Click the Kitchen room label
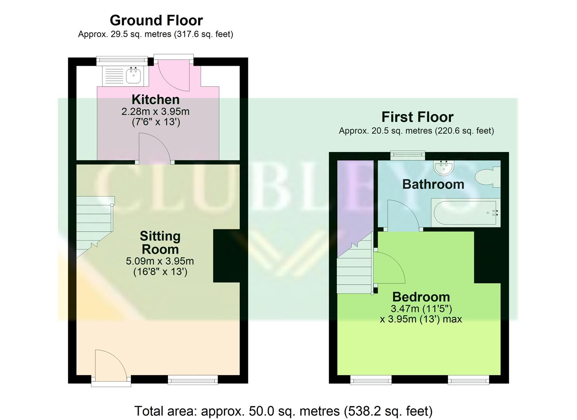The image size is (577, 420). (155, 100)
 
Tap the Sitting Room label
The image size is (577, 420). (160, 242)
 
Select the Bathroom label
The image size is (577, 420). (433, 184)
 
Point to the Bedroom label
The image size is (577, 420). (421, 297)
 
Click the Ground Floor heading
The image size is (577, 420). (156, 20)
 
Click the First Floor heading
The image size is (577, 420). (417, 117)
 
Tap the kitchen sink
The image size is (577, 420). (134, 75)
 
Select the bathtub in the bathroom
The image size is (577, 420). (464, 212)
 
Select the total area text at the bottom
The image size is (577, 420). (283, 411)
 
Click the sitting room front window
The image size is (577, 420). (193, 380)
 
